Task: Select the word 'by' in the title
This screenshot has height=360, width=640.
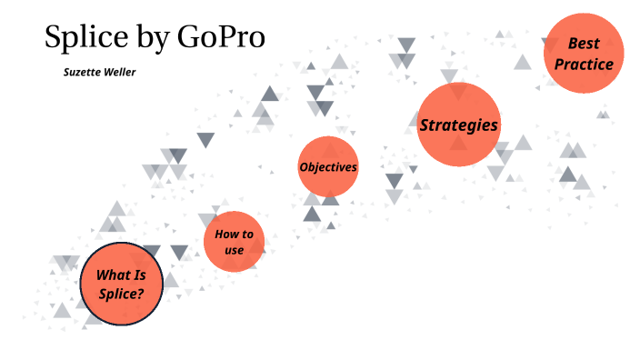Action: pos(154,38)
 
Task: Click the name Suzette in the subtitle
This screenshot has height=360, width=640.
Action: pos(82,72)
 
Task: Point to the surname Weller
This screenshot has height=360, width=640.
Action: pos(119,72)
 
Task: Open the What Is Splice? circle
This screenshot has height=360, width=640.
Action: pos(122,284)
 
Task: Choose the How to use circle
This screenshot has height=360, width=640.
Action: pos(234,241)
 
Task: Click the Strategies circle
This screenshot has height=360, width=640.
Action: pos(459,125)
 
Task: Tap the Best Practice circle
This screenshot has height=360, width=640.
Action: pos(584,53)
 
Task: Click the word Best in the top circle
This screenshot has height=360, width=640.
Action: pos(584,43)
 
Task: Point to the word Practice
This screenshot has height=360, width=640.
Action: pos(584,64)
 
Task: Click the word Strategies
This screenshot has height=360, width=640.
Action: pos(459,125)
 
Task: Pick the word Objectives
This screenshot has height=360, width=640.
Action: pos(328,167)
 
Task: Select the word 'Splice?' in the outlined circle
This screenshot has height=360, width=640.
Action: pos(122,294)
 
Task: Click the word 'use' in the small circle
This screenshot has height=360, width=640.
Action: pos(234,249)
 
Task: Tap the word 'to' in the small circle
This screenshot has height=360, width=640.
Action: pos(247,234)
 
